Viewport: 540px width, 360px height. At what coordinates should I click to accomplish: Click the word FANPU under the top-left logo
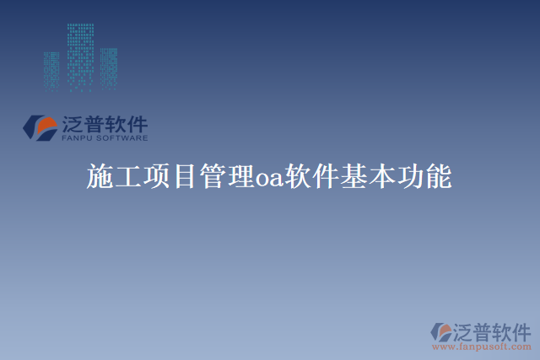point(78,137)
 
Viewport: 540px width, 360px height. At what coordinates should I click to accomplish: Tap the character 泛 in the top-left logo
point(73,123)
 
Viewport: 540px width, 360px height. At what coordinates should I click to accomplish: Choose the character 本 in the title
point(383,177)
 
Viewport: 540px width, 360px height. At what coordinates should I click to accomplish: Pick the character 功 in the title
point(411,177)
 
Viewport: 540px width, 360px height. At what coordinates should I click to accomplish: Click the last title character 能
point(439,177)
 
